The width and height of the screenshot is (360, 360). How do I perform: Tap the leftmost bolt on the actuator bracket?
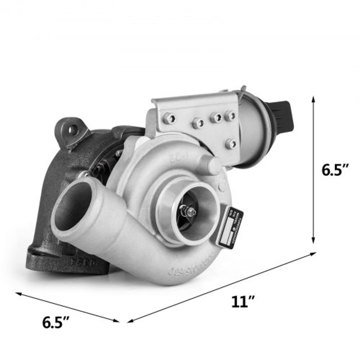(169, 118)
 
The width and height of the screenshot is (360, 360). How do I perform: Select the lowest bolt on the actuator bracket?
(230, 144)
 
